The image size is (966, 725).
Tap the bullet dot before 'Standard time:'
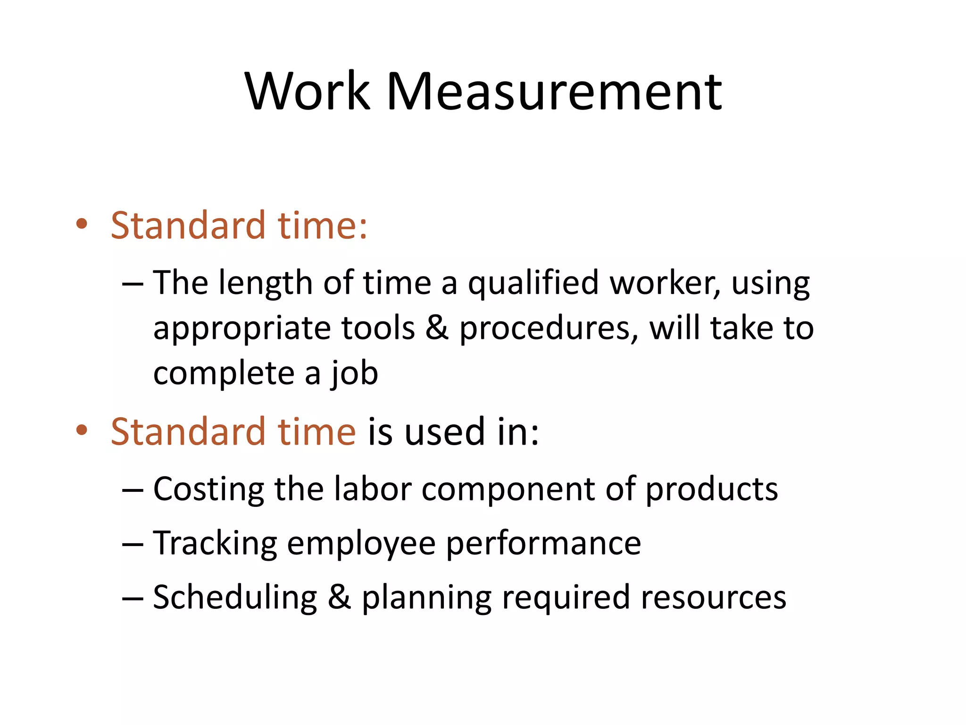pyautogui.click(x=82, y=224)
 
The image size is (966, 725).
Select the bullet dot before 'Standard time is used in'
pyautogui.click(x=82, y=430)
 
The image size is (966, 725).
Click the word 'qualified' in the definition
pyautogui.click(x=533, y=283)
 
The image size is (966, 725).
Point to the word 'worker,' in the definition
pyautogui.click(x=665, y=283)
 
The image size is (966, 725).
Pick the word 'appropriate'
pyautogui.click(x=242, y=329)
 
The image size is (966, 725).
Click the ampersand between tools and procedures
pyautogui.click(x=436, y=328)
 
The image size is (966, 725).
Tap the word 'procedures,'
pyautogui.click(x=549, y=329)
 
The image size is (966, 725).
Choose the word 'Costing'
pyautogui.click(x=209, y=489)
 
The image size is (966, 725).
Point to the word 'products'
pyautogui.click(x=711, y=489)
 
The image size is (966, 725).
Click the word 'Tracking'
pyautogui.click(x=215, y=544)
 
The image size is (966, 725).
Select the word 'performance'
pyautogui.click(x=543, y=544)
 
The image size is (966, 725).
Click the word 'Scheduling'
pyautogui.click(x=235, y=598)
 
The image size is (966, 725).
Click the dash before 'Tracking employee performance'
pyautogui.click(x=132, y=544)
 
